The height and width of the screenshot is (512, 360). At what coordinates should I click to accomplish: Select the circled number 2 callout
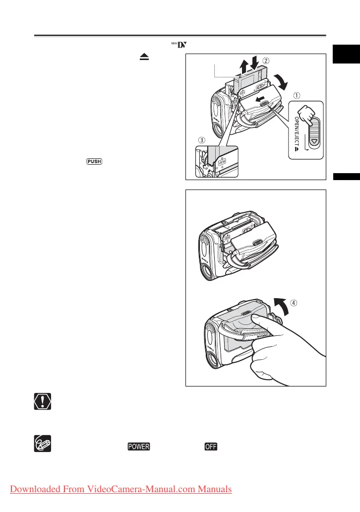point(266,61)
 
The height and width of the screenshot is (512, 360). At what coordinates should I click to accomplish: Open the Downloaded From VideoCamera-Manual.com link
point(120,489)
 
